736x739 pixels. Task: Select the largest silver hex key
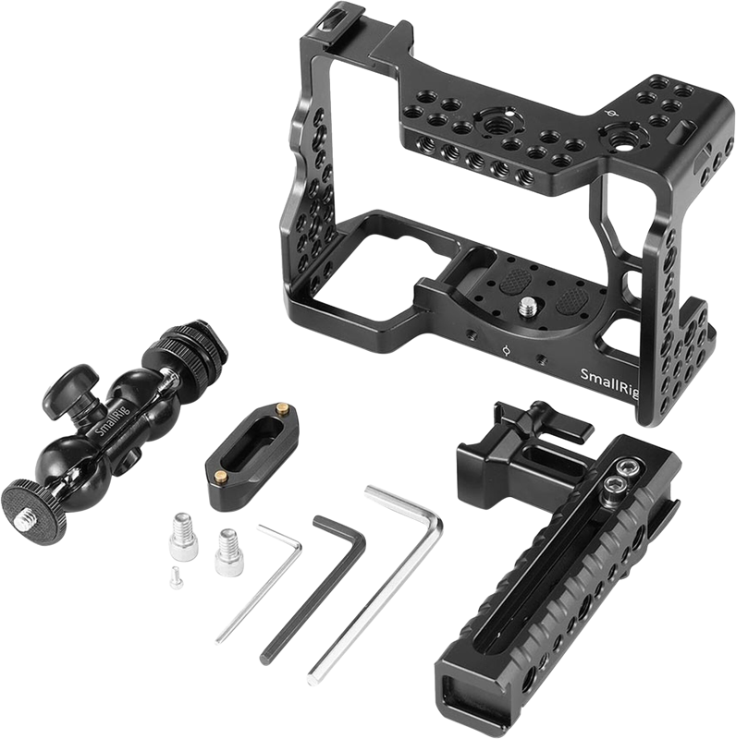[375, 585]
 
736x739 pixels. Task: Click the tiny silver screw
[177, 577]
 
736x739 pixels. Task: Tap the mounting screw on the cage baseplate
[526, 308]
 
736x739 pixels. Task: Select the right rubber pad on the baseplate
[571, 299]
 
